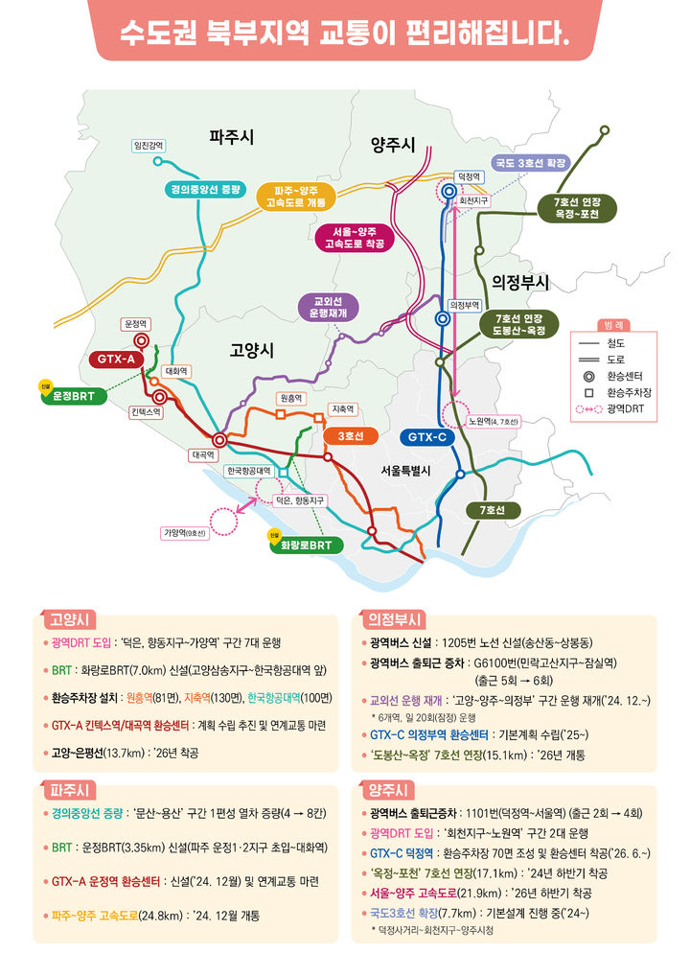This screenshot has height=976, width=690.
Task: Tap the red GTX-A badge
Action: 117,359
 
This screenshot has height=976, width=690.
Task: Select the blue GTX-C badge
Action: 427,437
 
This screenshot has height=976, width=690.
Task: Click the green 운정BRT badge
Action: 72,395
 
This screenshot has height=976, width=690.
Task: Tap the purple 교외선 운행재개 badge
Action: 329,306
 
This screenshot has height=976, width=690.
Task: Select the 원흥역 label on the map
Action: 290,398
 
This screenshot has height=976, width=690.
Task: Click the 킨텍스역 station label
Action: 147,411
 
